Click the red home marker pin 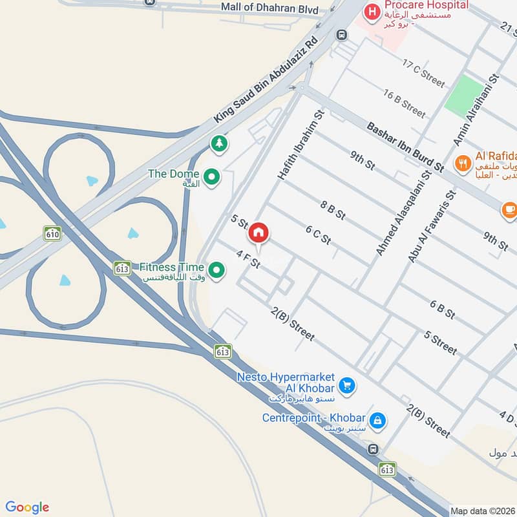point(258,232)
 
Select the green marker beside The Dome point(211,176)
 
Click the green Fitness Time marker point(216,268)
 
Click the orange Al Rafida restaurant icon point(462,164)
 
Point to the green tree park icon point(219,143)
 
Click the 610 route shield point(52,233)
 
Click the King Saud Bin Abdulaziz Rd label point(266,81)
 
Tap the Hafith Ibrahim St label point(301,145)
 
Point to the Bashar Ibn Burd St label point(405,147)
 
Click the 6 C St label point(318,235)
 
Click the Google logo point(27,507)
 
